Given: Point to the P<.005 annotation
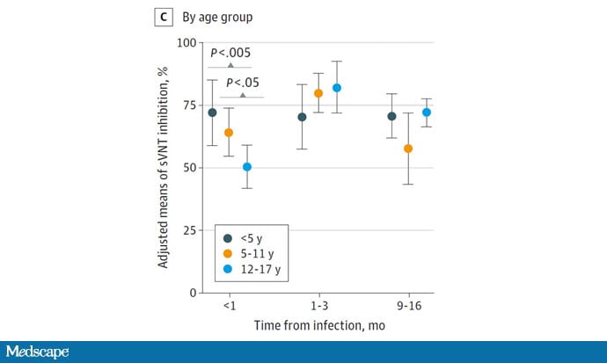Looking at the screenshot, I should (230, 53).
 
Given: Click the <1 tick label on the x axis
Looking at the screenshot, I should (230, 306).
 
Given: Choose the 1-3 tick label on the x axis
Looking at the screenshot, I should (319, 306).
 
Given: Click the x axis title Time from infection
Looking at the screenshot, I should (319, 325).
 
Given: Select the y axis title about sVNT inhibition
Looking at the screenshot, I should (165, 167).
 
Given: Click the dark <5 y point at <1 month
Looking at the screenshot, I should (212, 113).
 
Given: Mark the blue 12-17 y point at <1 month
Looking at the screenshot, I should (247, 167).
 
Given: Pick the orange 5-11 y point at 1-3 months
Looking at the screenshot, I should (318, 93).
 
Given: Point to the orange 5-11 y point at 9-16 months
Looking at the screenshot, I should (408, 149).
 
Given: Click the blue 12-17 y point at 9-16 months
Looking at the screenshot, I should (427, 113).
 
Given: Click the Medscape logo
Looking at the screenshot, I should (37, 352).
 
